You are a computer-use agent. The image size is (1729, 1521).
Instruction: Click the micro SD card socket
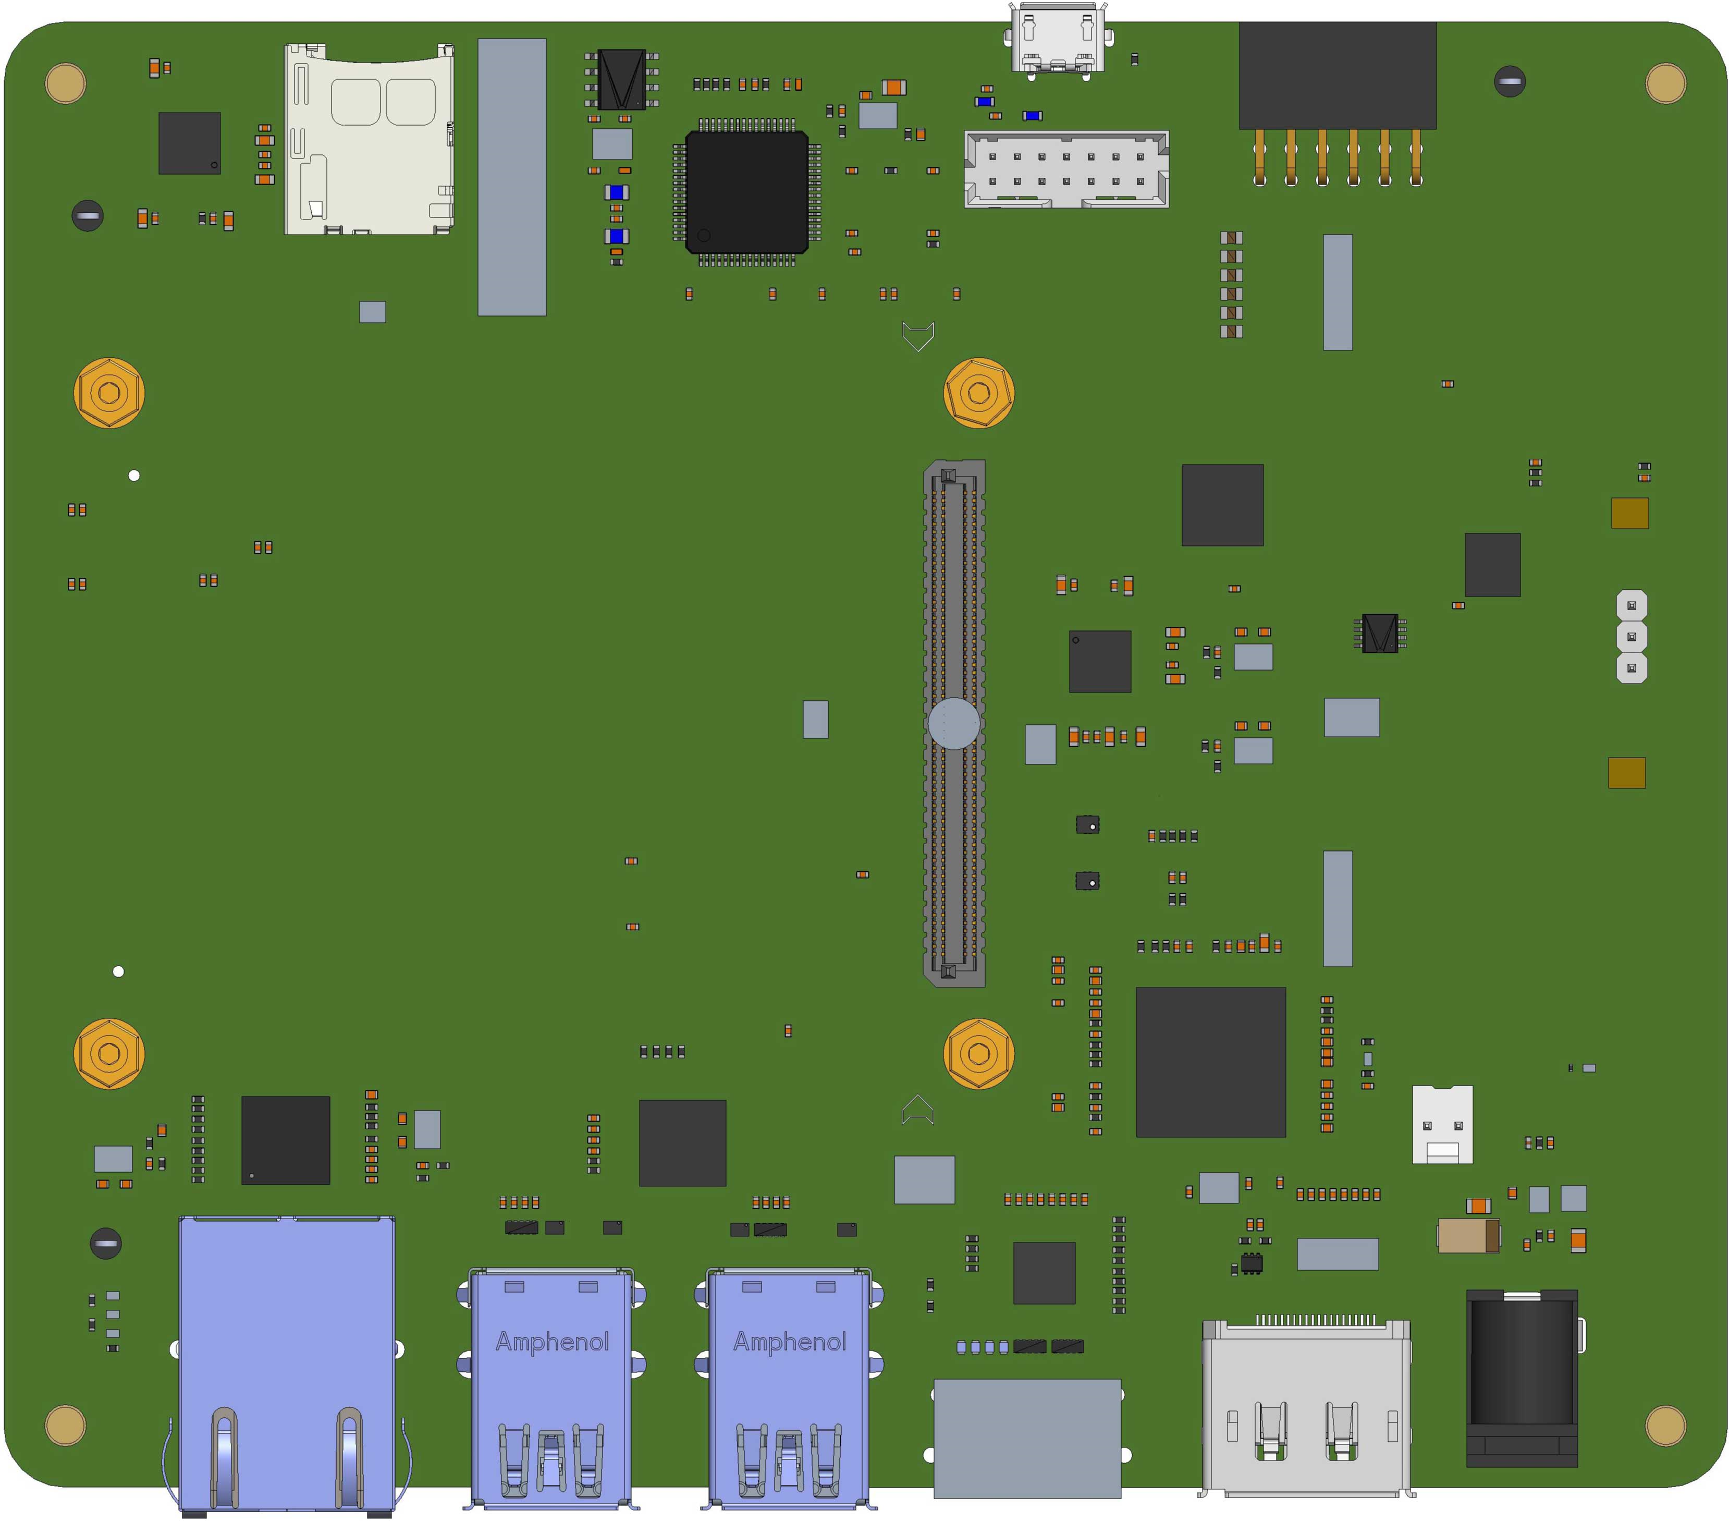click(369, 140)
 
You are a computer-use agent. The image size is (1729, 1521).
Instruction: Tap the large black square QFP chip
click(746, 192)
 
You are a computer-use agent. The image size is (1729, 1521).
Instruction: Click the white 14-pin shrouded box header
click(1066, 169)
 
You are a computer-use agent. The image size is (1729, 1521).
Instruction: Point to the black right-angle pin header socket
click(1338, 76)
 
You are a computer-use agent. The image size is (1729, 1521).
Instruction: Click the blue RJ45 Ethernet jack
click(287, 1362)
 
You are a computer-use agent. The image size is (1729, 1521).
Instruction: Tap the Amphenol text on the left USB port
click(551, 1342)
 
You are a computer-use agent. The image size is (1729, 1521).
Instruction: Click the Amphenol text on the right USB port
click(789, 1342)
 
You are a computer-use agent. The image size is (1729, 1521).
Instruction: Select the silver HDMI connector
click(1305, 1408)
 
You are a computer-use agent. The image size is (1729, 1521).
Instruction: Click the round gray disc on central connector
click(953, 723)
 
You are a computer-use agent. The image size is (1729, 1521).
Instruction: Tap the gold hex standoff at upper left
click(109, 393)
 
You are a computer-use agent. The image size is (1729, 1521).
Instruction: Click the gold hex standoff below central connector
click(979, 1053)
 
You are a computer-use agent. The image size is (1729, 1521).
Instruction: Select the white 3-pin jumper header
click(1631, 636)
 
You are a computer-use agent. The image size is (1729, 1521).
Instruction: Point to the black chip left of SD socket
click(190, 143)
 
